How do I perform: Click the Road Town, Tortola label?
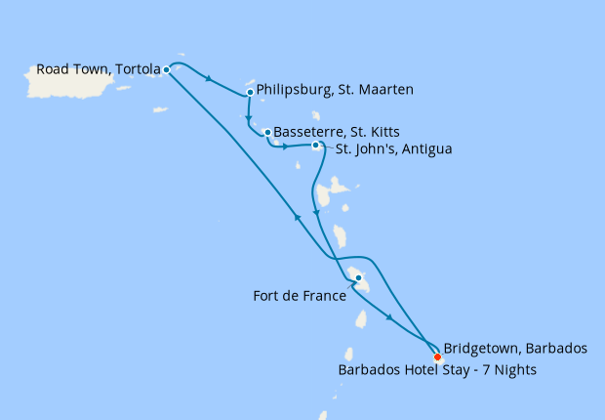pyautogui.click(x=98, y=69)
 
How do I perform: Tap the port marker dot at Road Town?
pyautogui.click(x=167, y=69)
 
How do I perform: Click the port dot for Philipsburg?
pyautogui.click(x=251, y=92)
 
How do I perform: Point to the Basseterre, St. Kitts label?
pyautogui.click(x=337, y=131)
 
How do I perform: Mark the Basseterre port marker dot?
pyautogui.click(x=266, y=132)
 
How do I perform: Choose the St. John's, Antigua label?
pyautogui.click(x=394, y=149)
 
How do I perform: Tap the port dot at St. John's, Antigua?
pyautogui.click(x=315, y=146)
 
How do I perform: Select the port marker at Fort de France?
pyautogui.click(x=358, y=278)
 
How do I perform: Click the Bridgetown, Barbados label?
pyautogui.click(x=515, y=348)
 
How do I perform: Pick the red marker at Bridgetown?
pyautogui.click(x=437, y=357)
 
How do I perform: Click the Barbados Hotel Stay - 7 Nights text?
pyautogui.click(x=437, y=370)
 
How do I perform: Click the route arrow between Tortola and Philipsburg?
pyautogui.click(x=210, y=79)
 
